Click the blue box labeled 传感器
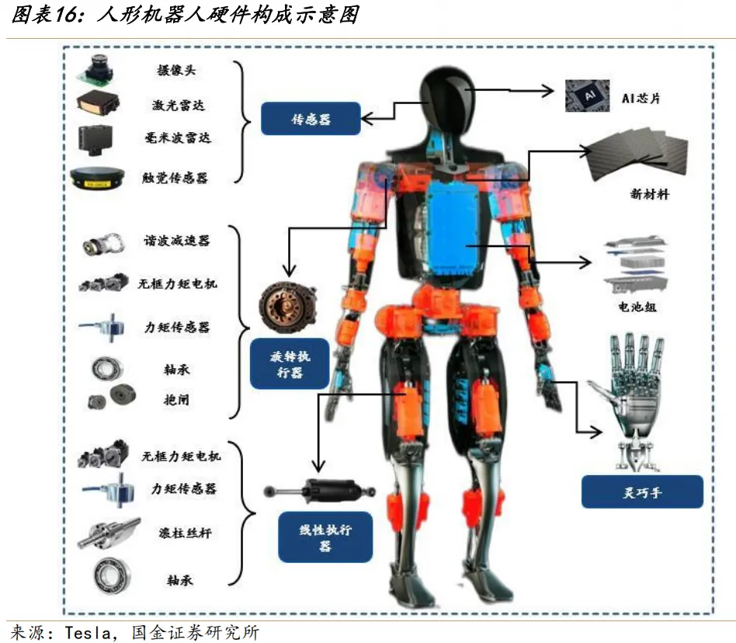point(310,120)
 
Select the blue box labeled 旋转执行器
point(289,363)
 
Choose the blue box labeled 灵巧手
point(641,492)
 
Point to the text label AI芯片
point(641,99)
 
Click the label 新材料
point(649,194)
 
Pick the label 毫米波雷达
point(178,138)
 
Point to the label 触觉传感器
point(178,178)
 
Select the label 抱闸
point(176,401)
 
